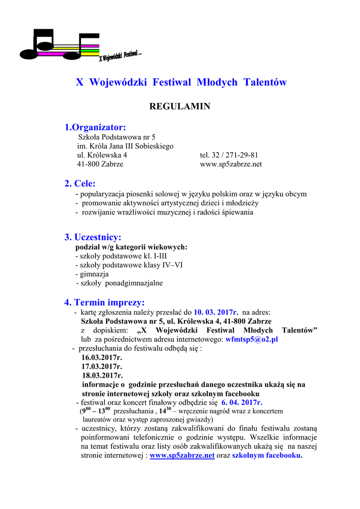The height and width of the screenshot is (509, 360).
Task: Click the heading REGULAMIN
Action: [180, 106]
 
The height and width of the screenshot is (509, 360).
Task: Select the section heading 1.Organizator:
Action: [95, 128]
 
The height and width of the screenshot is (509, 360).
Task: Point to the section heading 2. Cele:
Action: [80, 184]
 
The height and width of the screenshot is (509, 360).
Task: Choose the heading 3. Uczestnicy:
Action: [92, 237]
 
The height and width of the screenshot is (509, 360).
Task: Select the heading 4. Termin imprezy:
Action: [104, 302]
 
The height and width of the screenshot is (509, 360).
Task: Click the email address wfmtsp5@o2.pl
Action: [252, 339]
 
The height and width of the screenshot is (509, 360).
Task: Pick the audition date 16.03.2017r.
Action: [102, 357]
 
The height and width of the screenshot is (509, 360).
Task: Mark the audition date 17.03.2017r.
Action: [102, 366]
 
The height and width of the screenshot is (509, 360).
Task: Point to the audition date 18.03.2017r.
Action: [102, 375]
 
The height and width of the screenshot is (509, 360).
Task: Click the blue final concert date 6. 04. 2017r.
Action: [242, 403]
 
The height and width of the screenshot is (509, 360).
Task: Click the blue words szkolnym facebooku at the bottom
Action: [267, 455]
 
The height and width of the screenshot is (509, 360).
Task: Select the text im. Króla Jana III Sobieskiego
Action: [125, 146]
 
